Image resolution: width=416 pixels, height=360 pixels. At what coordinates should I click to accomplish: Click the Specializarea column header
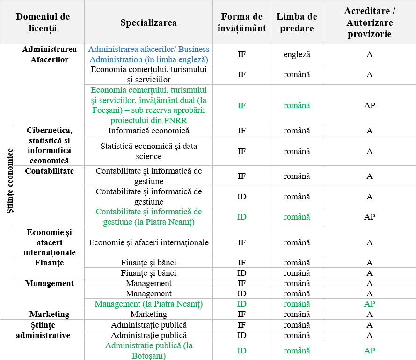[x=148, y=22]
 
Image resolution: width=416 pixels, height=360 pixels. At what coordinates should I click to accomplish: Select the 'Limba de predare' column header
[x=297, y=22]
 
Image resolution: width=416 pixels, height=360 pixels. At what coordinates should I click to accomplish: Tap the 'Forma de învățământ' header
[x=241, y=22]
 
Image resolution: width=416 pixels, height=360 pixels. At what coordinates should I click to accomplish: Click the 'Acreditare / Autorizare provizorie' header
[x=369, y=22]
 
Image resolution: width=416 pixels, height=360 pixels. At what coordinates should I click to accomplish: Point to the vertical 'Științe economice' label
[x=10, y=181]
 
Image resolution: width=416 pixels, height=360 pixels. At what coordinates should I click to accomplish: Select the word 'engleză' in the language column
[x=297, y=54]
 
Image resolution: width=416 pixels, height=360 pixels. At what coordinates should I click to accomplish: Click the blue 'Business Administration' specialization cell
[x=148, y=54]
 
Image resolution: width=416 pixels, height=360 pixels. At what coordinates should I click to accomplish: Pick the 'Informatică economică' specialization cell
[x=148, y=131]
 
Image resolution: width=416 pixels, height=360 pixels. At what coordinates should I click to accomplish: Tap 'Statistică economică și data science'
[x=148, y=151]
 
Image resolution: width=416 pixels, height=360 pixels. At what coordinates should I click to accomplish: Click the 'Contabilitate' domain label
[x=49, y=171]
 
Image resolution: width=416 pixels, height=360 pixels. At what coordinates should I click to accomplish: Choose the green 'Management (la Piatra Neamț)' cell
[x=148, y=304]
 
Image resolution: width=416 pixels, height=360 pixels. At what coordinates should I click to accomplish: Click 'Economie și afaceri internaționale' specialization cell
[x=148, y=242]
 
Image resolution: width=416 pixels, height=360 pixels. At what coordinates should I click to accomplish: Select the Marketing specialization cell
[x=148, y=314]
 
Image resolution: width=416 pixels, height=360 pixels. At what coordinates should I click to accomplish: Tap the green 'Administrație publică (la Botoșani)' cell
[x=148, y=351]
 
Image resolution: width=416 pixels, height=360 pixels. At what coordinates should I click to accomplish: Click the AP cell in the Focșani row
[x=369, y=105]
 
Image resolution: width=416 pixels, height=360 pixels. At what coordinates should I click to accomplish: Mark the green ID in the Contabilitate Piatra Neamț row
[x=241, y=217]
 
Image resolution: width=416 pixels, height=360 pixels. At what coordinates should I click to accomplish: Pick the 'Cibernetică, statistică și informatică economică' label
[x=49, y=145]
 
